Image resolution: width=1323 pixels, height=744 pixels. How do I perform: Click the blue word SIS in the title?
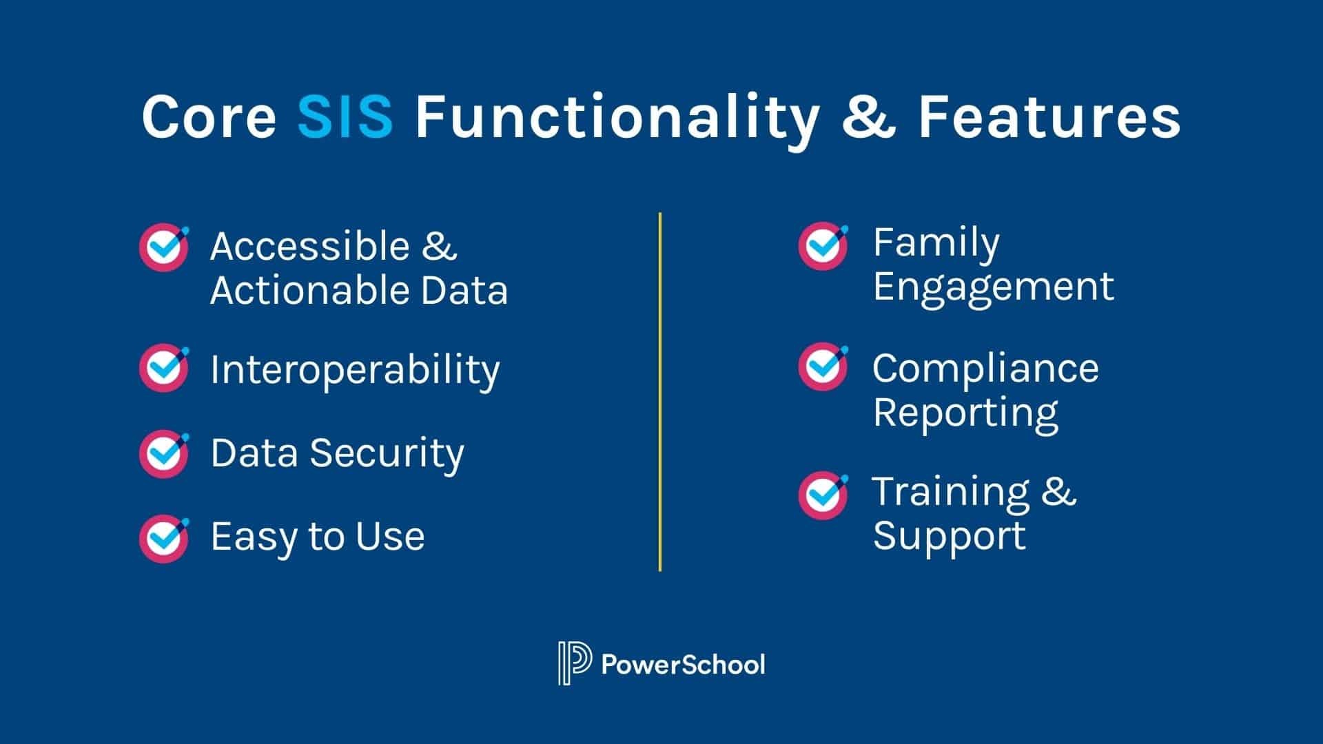pyautogui.click(x=345, y=116)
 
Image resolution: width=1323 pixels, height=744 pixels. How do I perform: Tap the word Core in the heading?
pyautogui.click(x=209, y=116)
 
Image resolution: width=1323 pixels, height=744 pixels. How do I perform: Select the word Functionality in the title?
pyautogui.click(x=617, y=121)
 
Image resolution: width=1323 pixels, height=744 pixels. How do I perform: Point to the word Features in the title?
pyautogui.click(x=1049, y=116)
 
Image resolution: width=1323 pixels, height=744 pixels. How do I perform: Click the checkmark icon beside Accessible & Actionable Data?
pyautogui.click(x=164, y=247)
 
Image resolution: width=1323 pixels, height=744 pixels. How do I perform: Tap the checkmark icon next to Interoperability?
pyautogui.click(x=164, y=368)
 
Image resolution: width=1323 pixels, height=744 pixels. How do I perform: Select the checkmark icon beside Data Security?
pyautogui.click(x=164, y=453)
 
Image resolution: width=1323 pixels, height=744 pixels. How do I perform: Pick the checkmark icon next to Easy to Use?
pyautogui.click(x=164, y=538)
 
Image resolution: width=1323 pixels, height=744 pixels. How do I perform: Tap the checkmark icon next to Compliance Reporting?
pyautogui.click(x=823, y=366)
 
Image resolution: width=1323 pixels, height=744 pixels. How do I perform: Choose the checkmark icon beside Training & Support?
pyautogui.click(x=823, y=495)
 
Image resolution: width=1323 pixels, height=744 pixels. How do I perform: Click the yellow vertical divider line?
pyautogui.click(x=660, y=391)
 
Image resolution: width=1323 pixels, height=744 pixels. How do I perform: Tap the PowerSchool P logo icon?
pyautogui.click(x=575, y=663)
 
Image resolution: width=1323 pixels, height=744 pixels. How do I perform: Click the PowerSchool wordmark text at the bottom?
pyautogui.click(x=683, y=665)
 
